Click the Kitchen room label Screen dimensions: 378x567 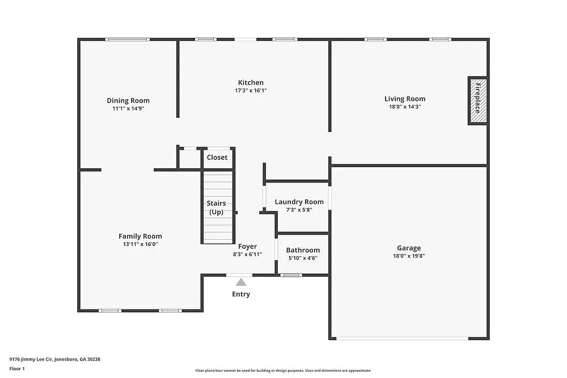point(251,83)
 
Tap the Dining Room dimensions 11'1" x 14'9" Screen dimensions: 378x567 point(128,108)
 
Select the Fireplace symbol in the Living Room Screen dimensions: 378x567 point(477,100)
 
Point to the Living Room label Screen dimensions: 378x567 point(405,99)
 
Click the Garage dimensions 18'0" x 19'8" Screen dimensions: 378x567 point(409,256)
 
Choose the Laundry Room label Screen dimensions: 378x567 point(299,202)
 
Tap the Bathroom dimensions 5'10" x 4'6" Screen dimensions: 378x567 point(303,258)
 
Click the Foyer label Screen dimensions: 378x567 point(247,247)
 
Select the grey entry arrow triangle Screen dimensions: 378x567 point(241,282)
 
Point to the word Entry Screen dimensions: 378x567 point(241,294)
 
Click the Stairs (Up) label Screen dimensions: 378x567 point(216,207)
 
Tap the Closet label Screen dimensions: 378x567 point(217,158)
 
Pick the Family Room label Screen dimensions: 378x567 point(140,236)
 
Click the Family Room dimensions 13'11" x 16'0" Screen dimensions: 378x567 point(140,244)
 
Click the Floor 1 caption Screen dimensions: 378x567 point(17,368)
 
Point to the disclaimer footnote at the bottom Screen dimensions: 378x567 point(283,370)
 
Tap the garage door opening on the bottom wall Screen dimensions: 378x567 point(402,338)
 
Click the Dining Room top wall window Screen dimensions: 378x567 point(128,39)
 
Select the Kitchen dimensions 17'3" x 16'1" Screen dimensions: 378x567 point(251,90)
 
